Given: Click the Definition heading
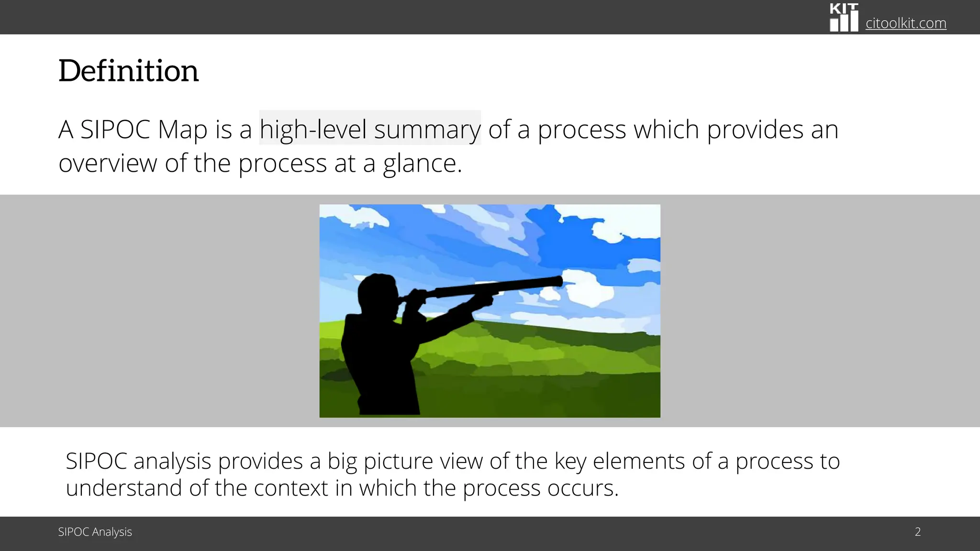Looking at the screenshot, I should click(128, 71).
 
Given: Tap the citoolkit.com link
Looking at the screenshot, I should click(906, 23).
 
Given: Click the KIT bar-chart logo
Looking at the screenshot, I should click(844, 18).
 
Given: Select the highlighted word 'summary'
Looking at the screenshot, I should click(427, 129).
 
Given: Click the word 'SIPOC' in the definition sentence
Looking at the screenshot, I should click(115, 129).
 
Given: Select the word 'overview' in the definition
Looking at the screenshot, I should click(108, 164).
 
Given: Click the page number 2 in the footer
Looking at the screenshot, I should click(917, 532).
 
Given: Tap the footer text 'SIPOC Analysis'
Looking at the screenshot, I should click(95, 532).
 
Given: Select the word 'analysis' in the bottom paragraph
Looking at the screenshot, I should click(172, 462).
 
